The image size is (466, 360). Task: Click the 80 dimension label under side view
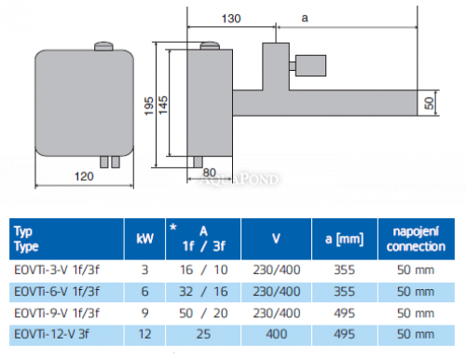click(208, 171)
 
